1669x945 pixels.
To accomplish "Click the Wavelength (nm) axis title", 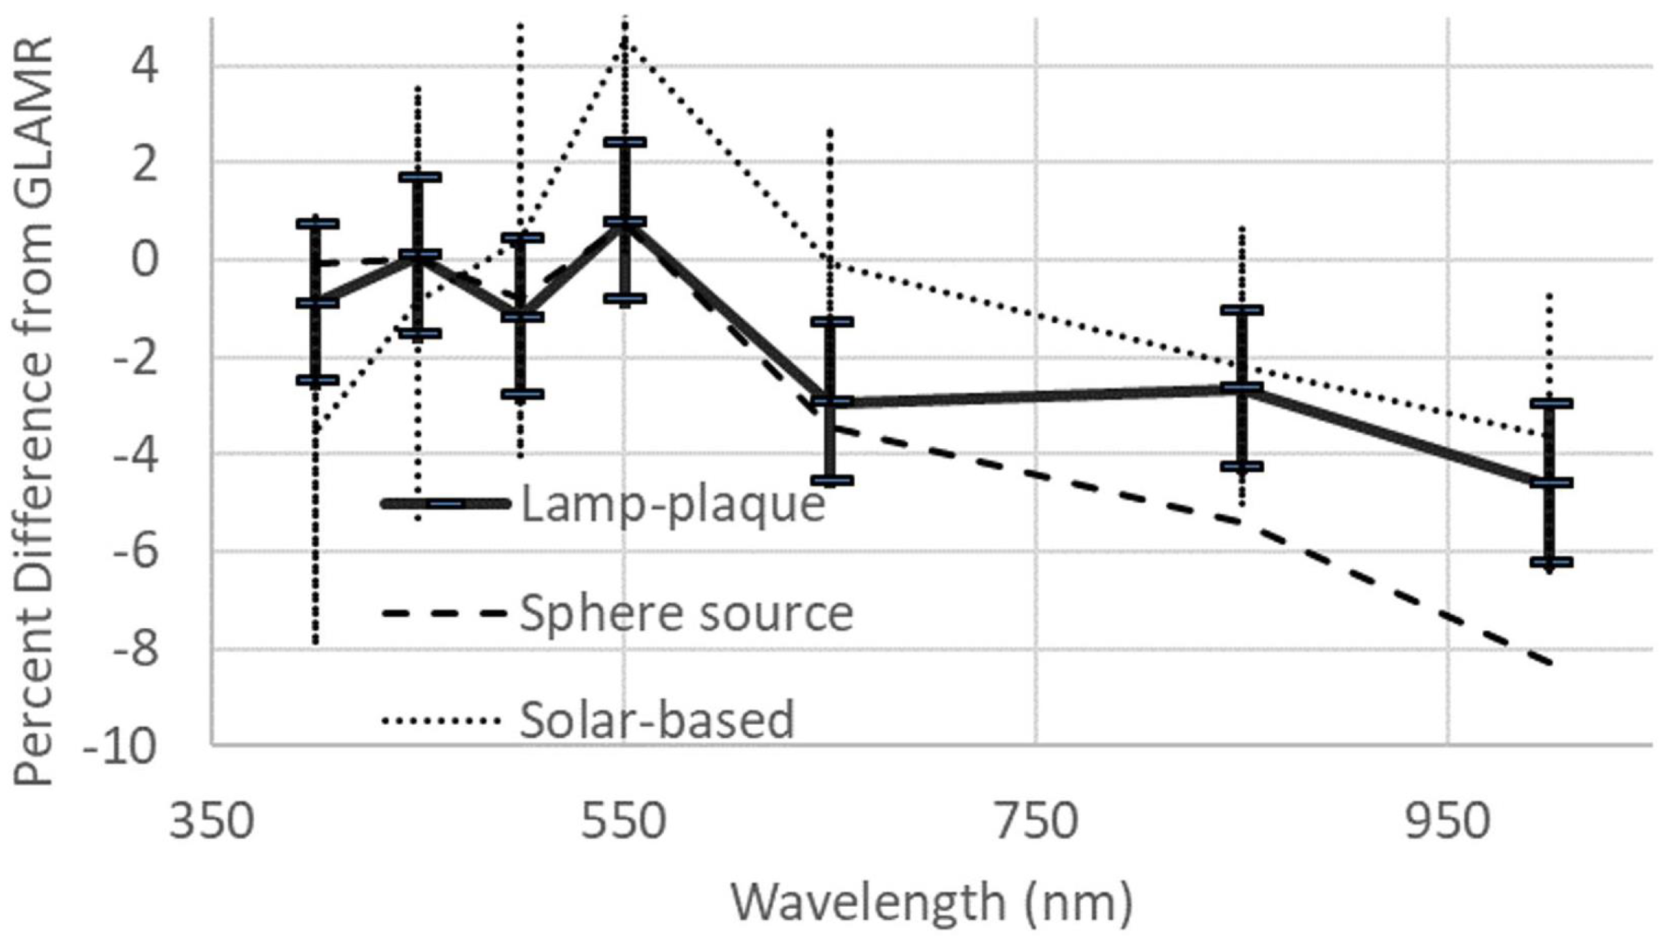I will click(x=931, y=902).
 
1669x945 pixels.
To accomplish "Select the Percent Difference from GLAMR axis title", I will click(x=33, y=410).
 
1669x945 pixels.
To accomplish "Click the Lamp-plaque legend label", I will click(x=672, y=504).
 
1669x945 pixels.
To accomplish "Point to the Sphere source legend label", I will click(x=686, y=614).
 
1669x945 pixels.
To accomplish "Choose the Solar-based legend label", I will click(x=656, y=720).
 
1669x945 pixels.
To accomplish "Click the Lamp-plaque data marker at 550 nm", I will click(x=626, y=222).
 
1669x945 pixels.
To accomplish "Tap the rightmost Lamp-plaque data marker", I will click(x=1551, y=482).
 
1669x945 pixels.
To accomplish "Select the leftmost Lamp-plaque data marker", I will click(x=317, y=303).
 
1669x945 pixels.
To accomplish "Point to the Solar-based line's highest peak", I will click(x=626, y=38).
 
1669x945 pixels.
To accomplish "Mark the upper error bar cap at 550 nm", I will click(x=626, y=142).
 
